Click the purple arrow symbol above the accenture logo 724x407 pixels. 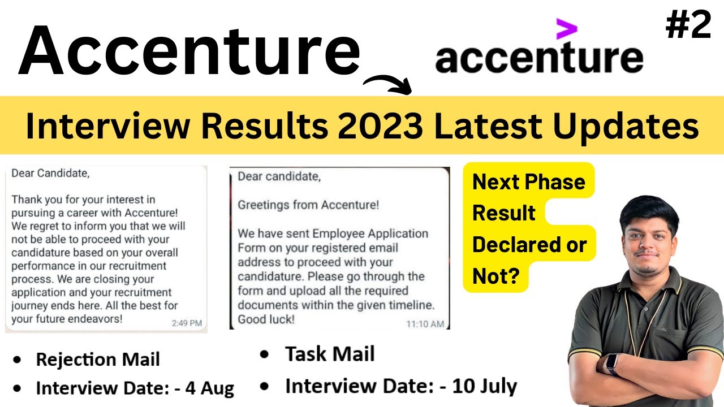point(566,29)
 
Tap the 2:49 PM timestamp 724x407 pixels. point(186,323)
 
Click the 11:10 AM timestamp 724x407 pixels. point(425,324)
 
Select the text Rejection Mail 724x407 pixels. point(98,360)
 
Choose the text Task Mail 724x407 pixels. point(330,354)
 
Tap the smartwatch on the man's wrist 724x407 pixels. point(612,365)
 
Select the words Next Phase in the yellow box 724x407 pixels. point(528,182)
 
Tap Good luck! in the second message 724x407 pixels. point(266,319)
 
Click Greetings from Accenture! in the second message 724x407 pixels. point(308,205)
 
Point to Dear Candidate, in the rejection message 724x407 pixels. point(50,174)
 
